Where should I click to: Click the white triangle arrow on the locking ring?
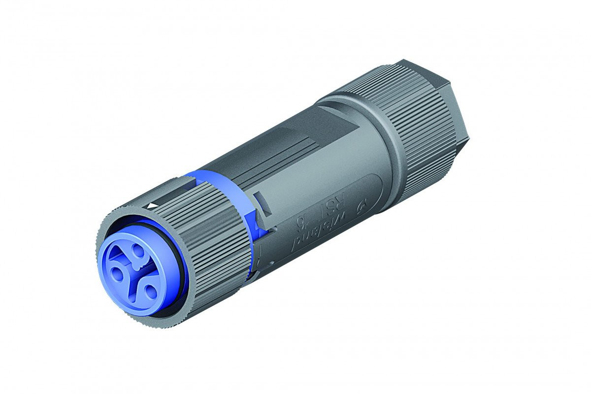[154, 205]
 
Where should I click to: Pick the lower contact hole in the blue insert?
[150, 291]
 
